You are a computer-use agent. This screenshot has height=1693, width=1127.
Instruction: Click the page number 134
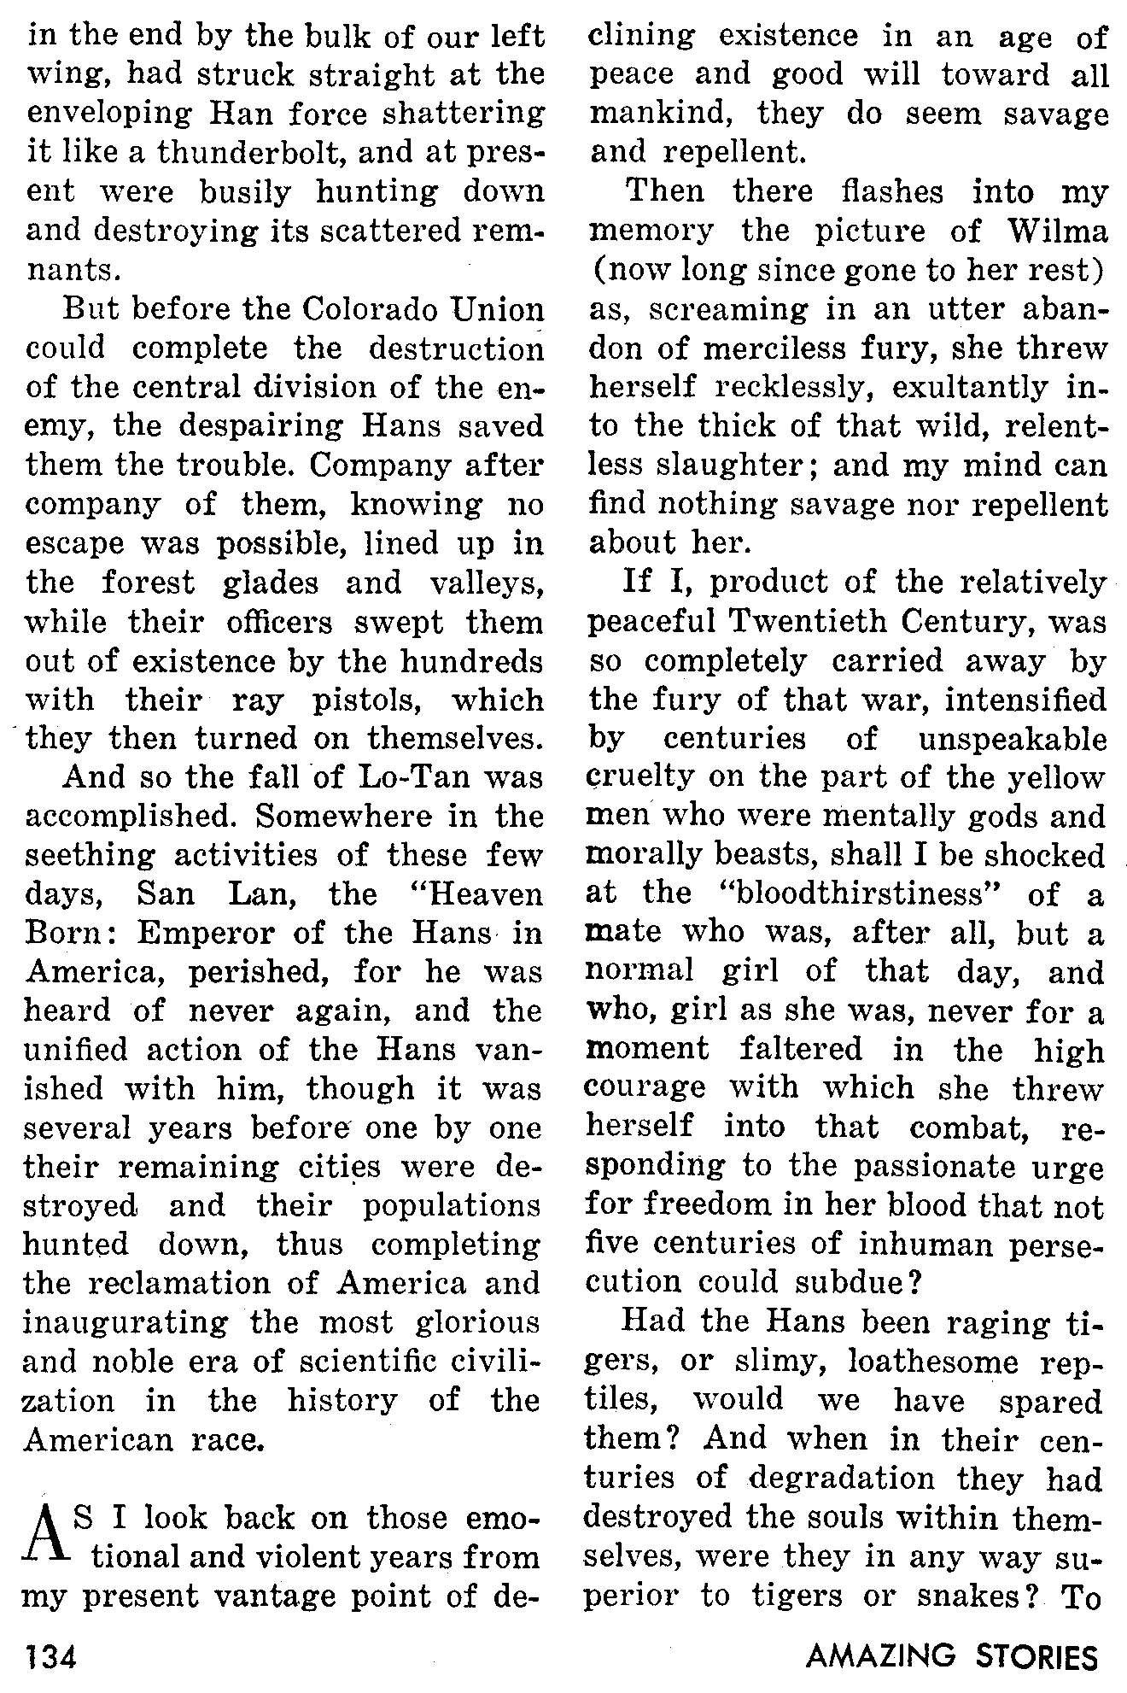(x=52, y=1655)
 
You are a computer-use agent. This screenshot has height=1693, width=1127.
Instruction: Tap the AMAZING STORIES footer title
(x=951, y=1655)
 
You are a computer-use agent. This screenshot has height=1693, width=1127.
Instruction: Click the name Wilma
(x=1056, y=231)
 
